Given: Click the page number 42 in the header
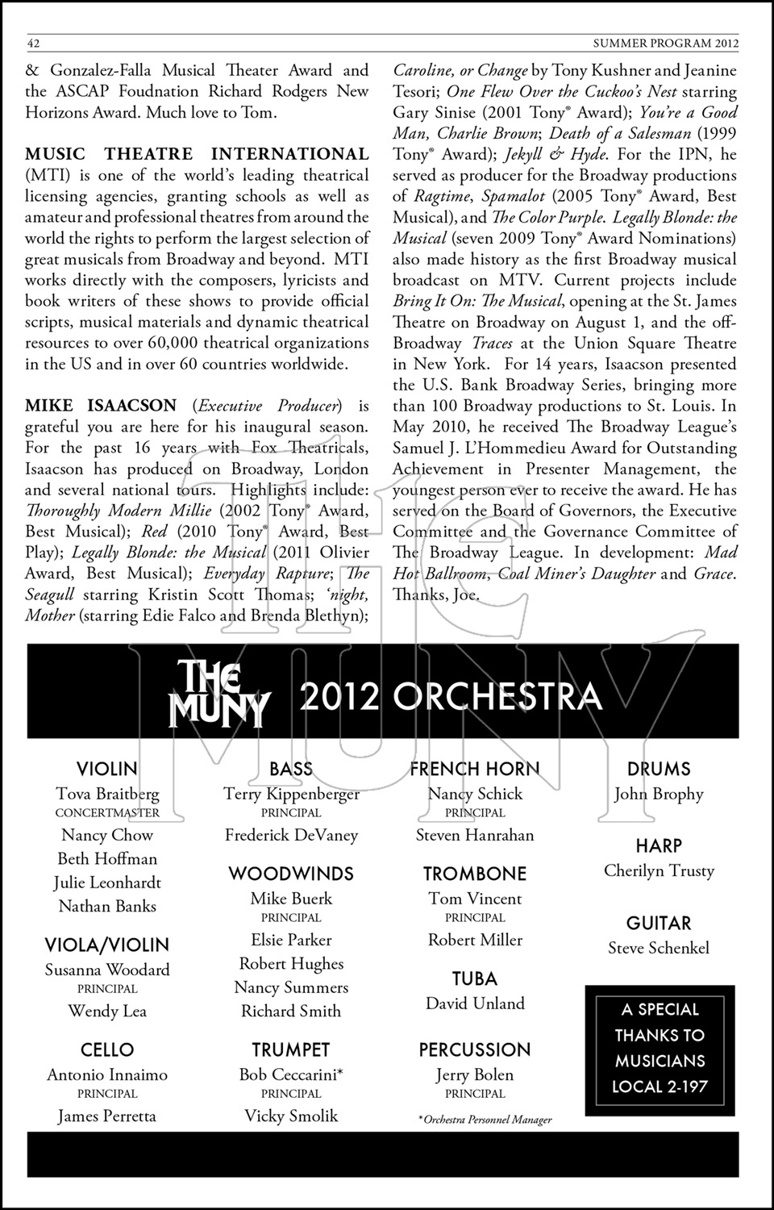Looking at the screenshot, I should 34,43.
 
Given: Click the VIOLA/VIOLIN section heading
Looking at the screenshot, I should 107,945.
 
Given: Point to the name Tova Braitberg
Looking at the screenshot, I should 107,795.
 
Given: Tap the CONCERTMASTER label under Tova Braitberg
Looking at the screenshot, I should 107,813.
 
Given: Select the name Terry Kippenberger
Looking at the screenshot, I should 291,795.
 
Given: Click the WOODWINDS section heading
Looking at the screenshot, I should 291,874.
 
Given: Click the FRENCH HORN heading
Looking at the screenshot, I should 475,770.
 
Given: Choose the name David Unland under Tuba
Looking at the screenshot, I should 475,1004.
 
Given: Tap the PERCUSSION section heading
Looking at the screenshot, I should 475,1049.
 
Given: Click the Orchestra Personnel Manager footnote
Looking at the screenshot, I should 485,1120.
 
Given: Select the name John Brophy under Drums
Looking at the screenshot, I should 659,795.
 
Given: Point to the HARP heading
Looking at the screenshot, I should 659,846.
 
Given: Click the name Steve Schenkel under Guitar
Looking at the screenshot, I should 659,949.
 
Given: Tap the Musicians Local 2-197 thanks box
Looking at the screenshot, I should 660,1048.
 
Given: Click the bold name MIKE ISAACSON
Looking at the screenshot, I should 101,405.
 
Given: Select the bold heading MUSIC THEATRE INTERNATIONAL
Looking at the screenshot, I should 197,154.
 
